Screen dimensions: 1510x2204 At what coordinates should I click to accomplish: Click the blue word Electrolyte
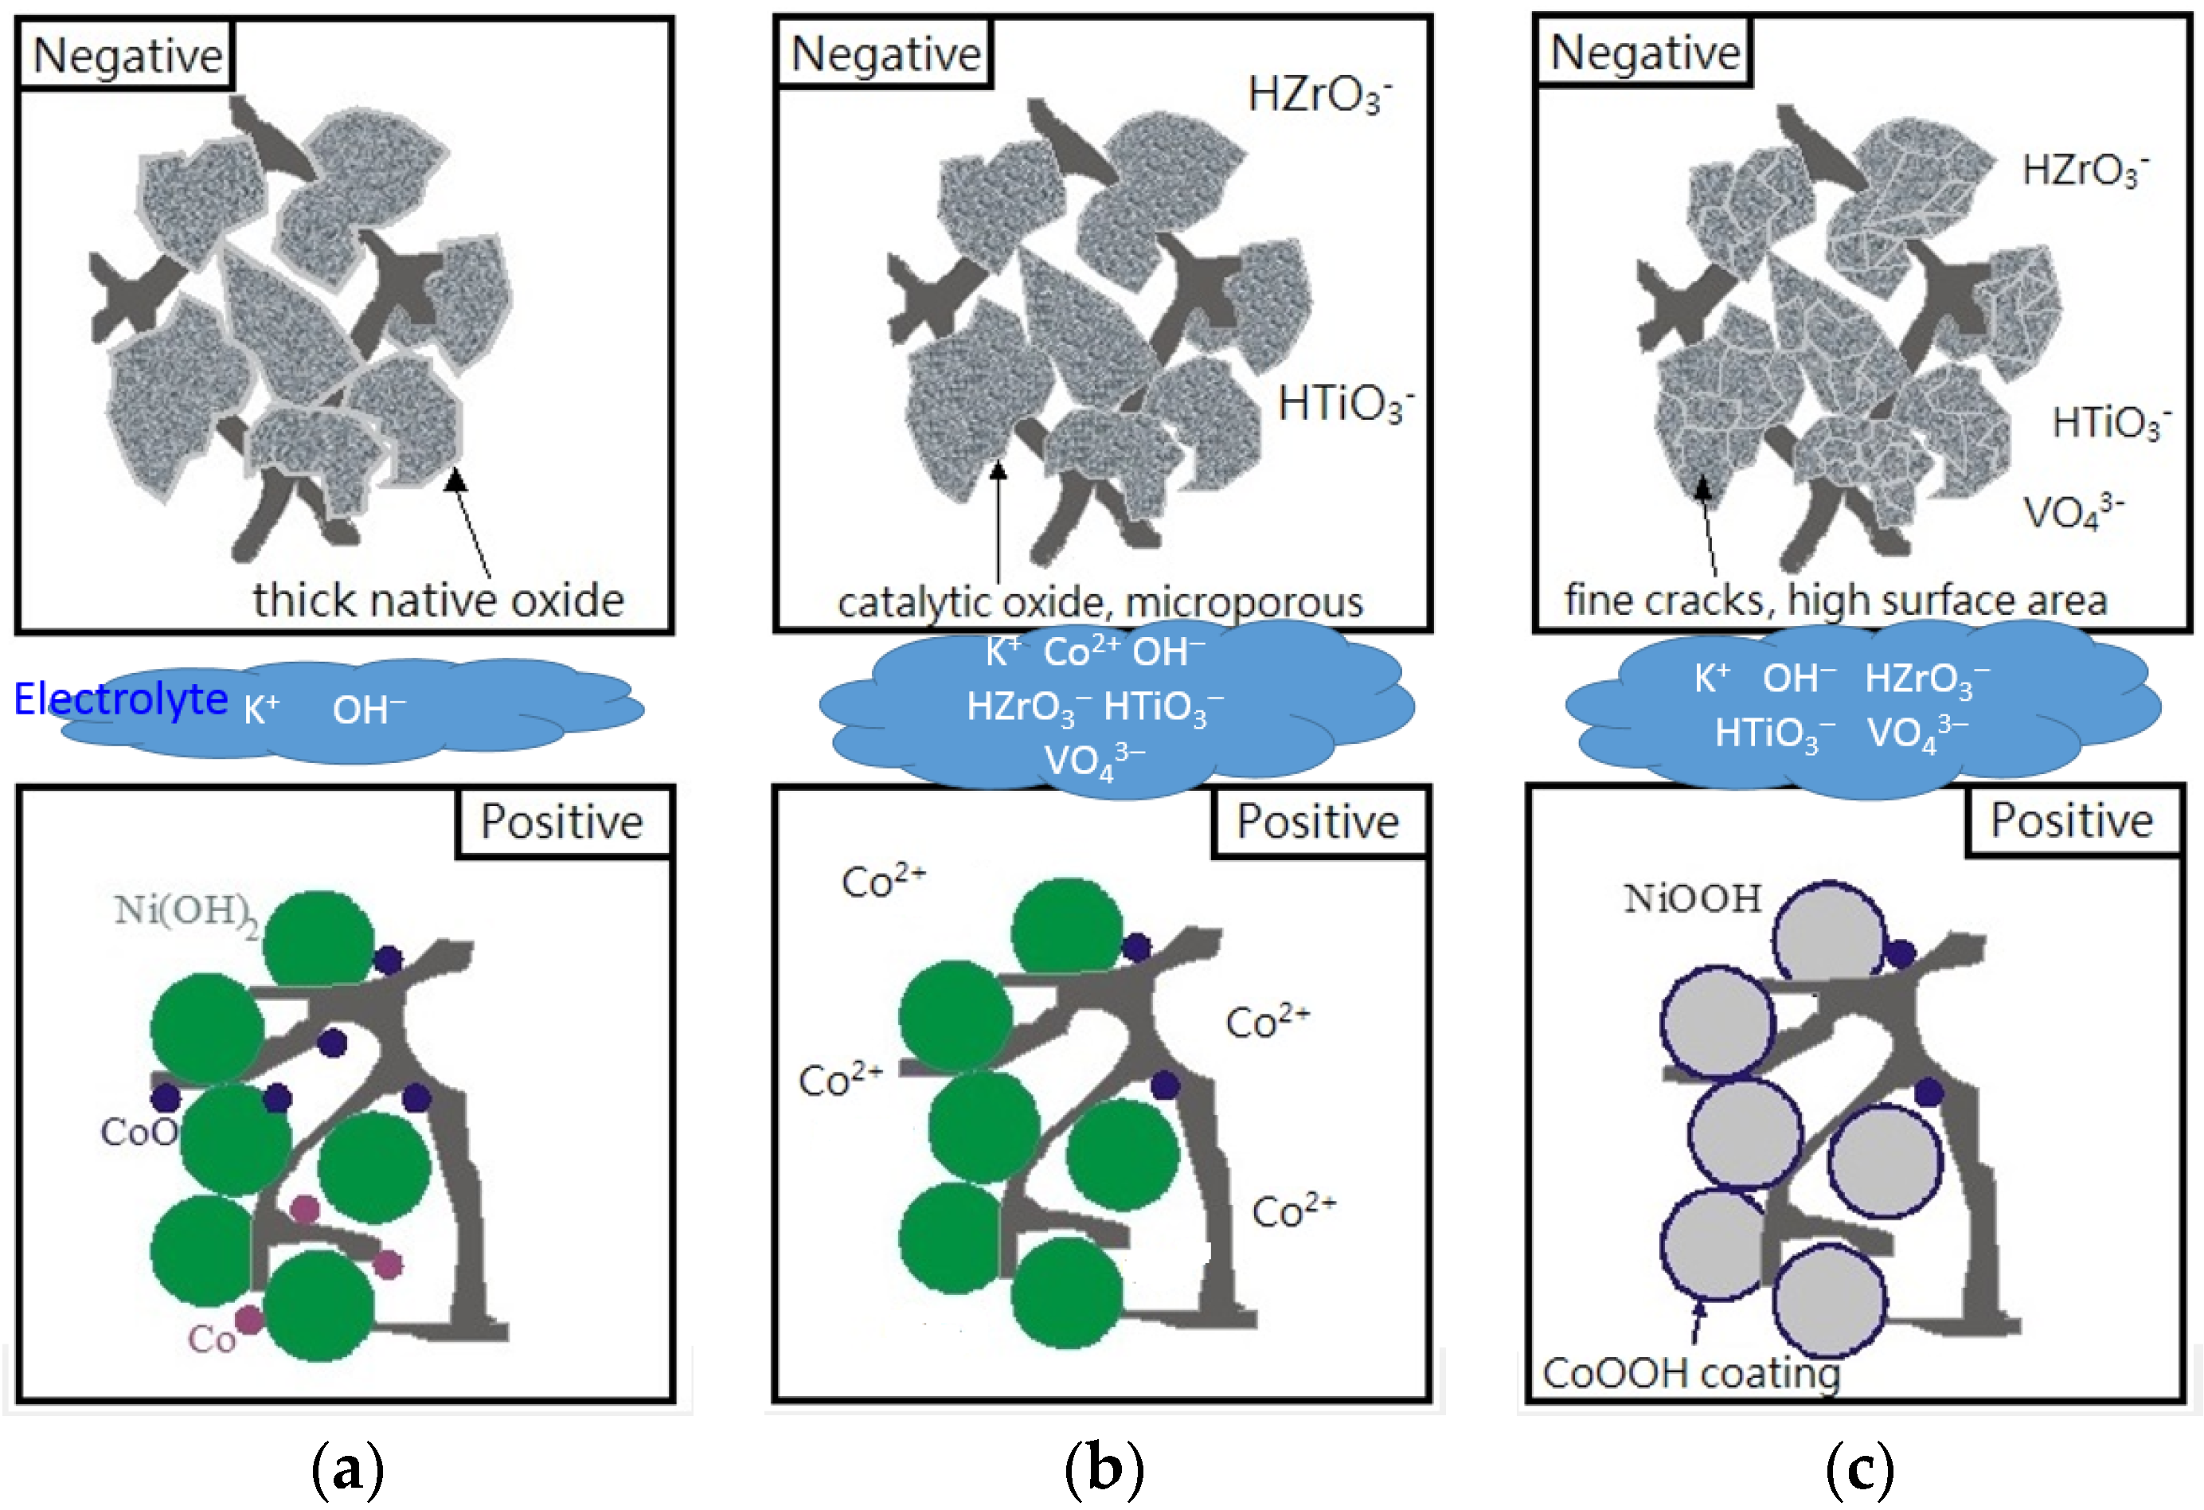[120, 699]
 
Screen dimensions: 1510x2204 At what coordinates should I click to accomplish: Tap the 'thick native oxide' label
[438, 600]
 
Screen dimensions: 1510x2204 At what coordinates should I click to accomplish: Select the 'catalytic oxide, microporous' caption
[1100, 602]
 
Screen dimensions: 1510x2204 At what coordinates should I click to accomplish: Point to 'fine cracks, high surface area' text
[1835, 600]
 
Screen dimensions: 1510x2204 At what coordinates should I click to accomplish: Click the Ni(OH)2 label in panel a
[186, 913]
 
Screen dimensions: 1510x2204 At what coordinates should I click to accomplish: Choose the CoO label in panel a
[139, 1132]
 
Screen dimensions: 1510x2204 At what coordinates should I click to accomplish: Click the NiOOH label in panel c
[1692, 899]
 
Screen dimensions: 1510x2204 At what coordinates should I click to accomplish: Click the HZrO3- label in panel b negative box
[1319, 95]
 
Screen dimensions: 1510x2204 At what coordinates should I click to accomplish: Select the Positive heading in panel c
[2071, 820]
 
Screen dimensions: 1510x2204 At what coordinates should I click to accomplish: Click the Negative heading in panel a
[128, 55]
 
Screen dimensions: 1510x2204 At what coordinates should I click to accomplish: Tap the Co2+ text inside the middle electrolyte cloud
[1081, 652]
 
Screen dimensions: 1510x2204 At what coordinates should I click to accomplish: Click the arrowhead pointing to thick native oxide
[456, 480]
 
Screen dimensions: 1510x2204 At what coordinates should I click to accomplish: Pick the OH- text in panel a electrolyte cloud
[369, 710]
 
